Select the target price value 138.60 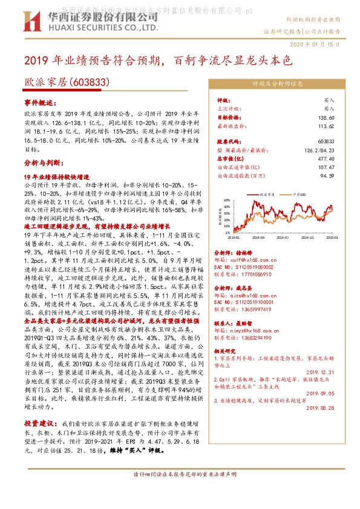tap(326, 117)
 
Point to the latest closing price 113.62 tap(326, 126)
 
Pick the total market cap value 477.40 tap(326, 158)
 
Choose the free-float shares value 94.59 tap(327, 175)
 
